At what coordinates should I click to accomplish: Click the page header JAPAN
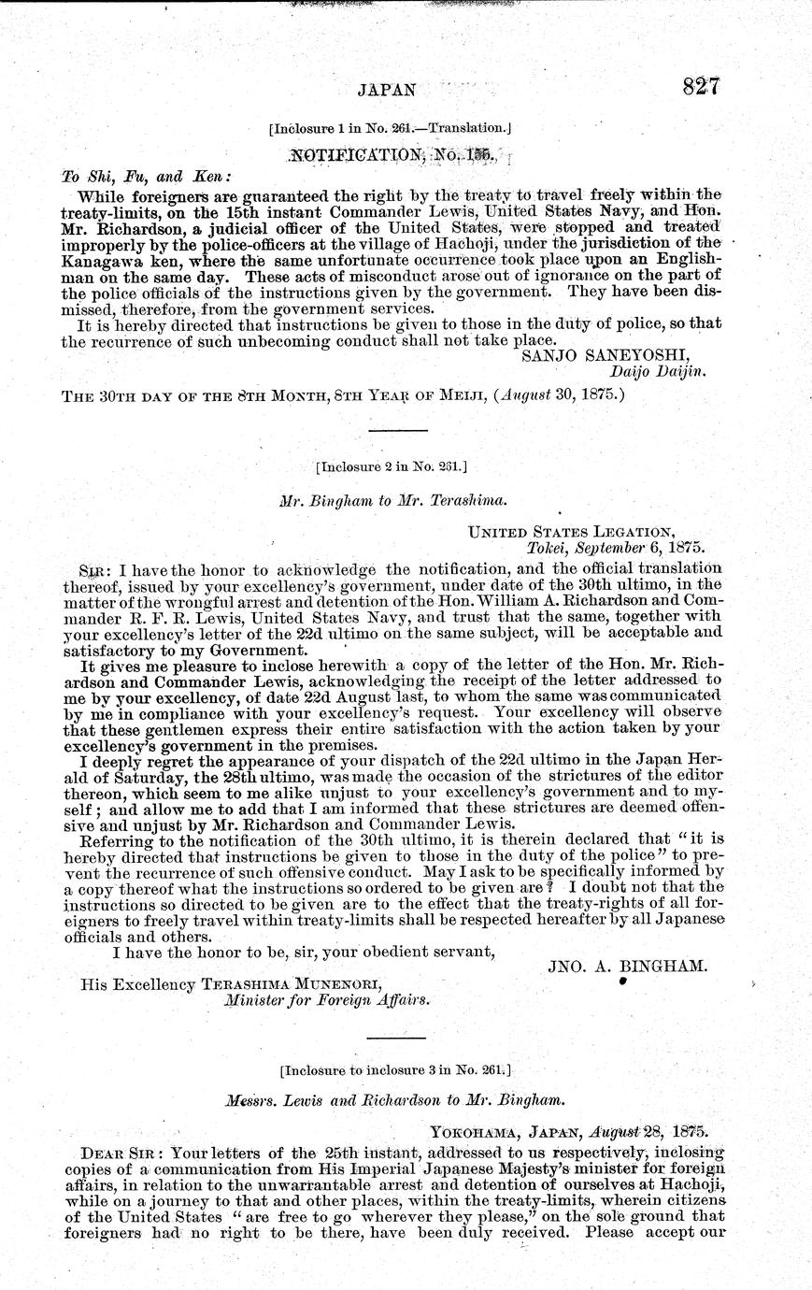click(x=385, y=90)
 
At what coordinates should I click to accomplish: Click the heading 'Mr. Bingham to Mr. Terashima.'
click(x=392, y=500)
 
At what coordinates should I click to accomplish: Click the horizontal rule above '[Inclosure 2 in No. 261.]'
click(x=399, y=430)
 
